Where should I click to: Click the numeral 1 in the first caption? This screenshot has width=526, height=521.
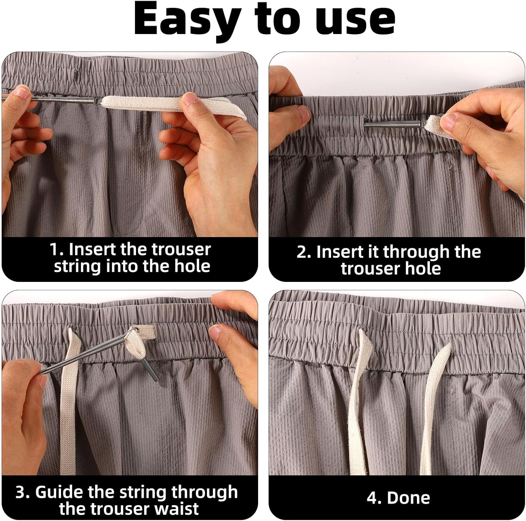(x=55, y=250)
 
